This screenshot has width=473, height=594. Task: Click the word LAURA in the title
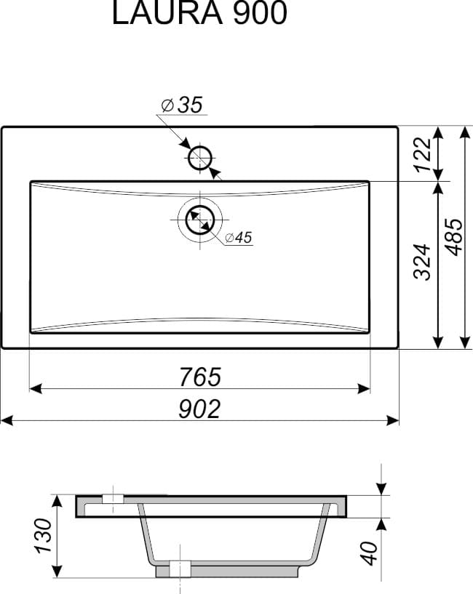pos(167,14)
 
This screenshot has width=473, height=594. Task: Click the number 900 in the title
pos(260,14)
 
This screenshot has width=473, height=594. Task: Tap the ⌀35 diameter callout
pos(182,105)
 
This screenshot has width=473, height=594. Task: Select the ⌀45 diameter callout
pos(238,238)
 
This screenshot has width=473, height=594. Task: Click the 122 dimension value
pos(423,155)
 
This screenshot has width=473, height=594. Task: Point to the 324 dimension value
pos(423,262)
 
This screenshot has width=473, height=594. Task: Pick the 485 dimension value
pos(454,237)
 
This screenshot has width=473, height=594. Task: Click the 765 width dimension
pos(200,377)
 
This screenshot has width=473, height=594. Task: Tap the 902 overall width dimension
pos(199,409)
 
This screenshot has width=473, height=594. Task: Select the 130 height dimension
pos(43,536)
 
